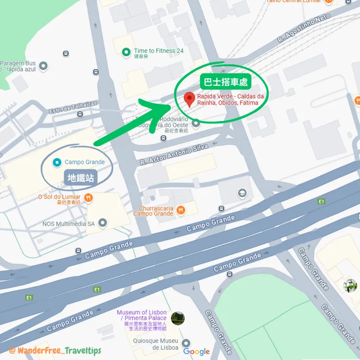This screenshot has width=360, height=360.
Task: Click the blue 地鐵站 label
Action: click(x=81, y=178)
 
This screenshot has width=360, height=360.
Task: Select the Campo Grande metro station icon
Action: click(x=57, y=162)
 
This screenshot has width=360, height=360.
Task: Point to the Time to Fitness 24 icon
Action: click(x=126, y=51)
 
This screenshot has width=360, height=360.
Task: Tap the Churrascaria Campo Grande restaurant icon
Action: click(x=180, y=210)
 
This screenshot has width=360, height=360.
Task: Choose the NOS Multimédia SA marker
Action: click(x=103, y=223)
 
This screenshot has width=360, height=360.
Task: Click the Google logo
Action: click(x=197, y=352)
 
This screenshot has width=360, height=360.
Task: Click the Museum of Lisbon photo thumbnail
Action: click(x=178, y=319)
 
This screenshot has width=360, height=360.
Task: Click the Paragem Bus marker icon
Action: click(x=43, y=66)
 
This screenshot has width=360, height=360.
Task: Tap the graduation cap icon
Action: click(x=242, y=194)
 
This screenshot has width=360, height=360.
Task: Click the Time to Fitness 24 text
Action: click(x=159, y=51)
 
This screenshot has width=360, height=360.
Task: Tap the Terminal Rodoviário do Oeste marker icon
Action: click(x=196, y=124)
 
